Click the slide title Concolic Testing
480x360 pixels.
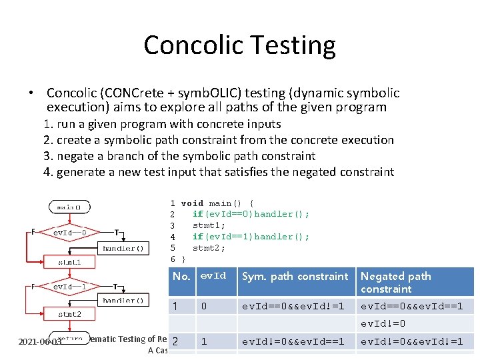[x=239, y=45]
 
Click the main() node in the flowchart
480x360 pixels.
[x=69, y=207]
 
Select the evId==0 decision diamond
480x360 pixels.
[x=70, y=233]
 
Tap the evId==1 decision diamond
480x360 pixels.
[x=70, y=286]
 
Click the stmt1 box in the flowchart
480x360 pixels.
[x=69, y=262]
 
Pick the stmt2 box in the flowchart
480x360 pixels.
[x=69, y=314]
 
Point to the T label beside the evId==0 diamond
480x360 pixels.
[x=117, y=232]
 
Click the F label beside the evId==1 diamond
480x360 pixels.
[x=33, y=285]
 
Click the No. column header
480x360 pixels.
[x=181, y=276]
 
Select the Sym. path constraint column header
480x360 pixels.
[x=295, y=276]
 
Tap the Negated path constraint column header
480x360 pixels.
[x=396, y=282]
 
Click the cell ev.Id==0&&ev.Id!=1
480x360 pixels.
[x=293, y=306]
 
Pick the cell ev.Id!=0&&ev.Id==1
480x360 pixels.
[x=293, y=341]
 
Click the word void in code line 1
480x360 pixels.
[x=192, y=203]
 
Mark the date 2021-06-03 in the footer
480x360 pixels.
[x=39, y=341]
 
